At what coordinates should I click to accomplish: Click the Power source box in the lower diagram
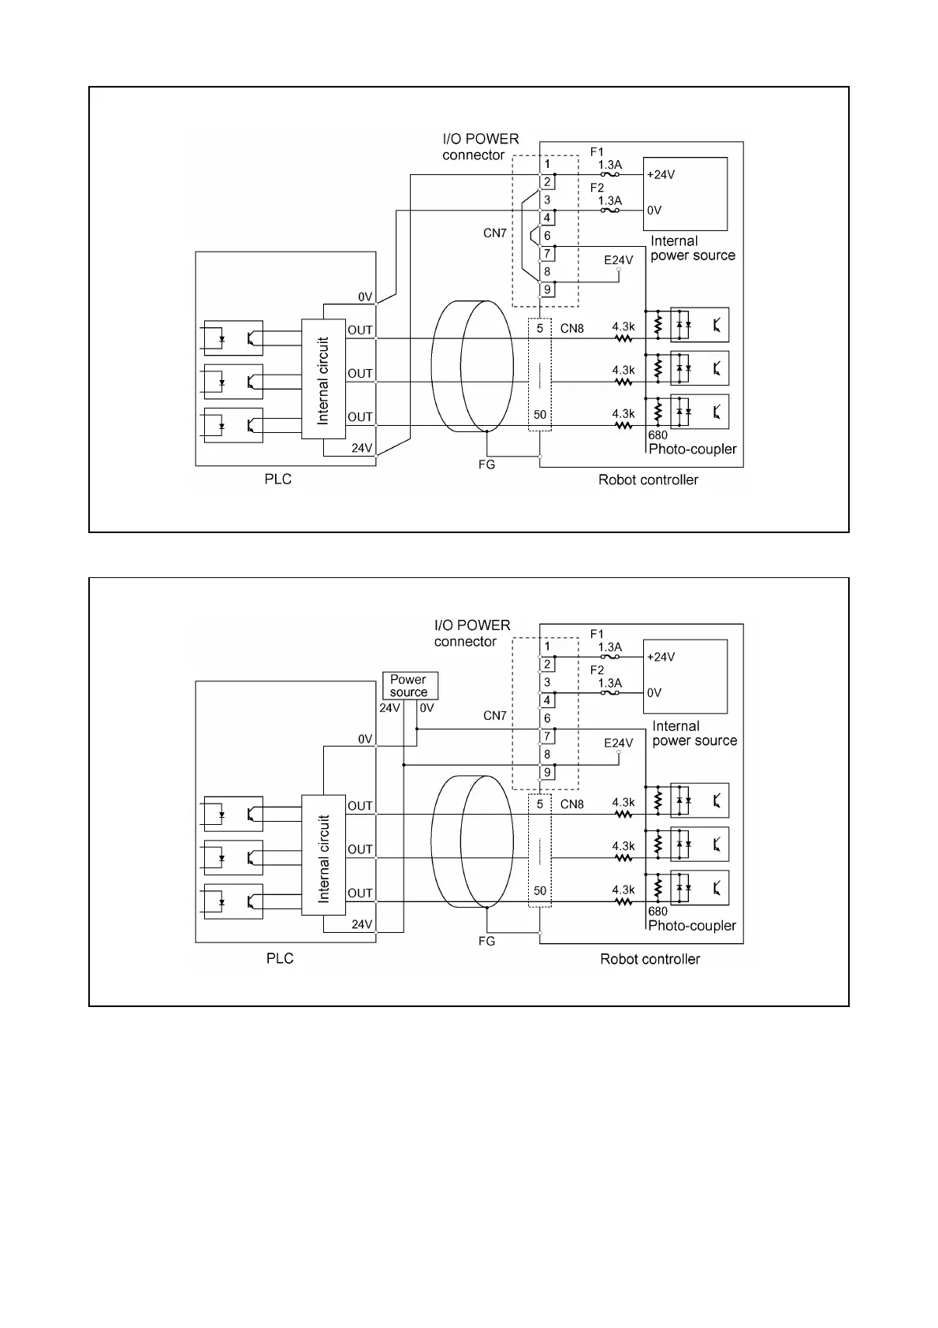408,685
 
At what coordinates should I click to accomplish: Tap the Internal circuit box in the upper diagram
323,379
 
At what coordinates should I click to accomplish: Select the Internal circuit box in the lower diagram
323,855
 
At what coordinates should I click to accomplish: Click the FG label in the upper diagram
487,464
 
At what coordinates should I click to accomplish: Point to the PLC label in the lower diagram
280,958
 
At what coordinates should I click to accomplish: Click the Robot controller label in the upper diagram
648,479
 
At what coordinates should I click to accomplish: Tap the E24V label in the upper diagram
619,259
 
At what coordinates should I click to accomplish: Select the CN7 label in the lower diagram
495,715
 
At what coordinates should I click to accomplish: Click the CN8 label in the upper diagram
572,328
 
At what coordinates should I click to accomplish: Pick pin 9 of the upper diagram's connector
547,289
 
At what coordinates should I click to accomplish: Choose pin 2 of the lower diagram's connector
547,665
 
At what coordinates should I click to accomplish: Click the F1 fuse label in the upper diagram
597,151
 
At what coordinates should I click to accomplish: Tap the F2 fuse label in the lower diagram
597,670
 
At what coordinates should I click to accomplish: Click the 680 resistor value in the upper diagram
657,435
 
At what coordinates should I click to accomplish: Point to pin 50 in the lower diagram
540,890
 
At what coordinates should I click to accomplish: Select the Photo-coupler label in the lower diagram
692,925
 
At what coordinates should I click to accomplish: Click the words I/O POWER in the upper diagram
481,139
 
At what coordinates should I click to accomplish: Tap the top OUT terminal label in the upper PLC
360,330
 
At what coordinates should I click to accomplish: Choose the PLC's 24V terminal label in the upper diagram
362,448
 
